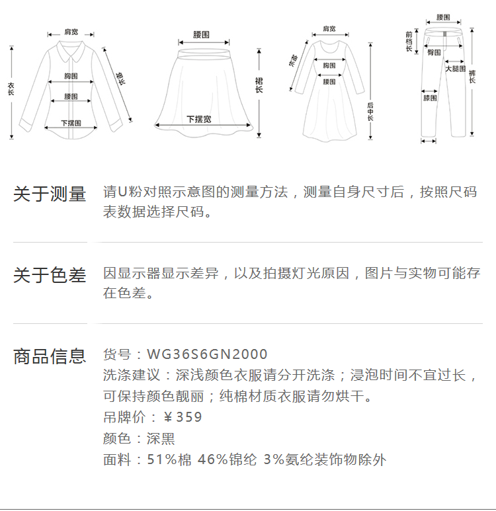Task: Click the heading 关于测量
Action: [50, 194]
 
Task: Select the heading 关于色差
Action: [50, 275]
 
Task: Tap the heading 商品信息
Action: [50, 356]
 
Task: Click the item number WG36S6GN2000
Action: [207, 355]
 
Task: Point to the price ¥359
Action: [183, 417]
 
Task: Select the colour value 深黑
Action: [161, 438]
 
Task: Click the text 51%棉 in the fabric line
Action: [169, 459]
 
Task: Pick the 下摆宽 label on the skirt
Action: [198, 119]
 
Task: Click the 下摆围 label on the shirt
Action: [71, 123]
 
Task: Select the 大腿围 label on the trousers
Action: [454, 69]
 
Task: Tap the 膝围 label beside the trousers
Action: [429, 98]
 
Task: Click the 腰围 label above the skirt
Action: [202, 34]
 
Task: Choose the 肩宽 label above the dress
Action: [329, 29]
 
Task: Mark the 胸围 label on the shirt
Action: [71, 77]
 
